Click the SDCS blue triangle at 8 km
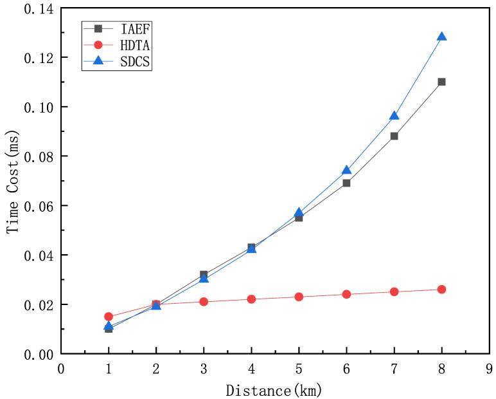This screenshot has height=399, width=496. coord(441,37)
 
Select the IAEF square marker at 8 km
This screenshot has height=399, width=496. coord(441,82)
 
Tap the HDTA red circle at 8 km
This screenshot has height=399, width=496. coord(441,290)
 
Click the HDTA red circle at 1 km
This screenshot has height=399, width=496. coord(109,317)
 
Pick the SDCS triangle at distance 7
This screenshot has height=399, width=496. coord(394,116)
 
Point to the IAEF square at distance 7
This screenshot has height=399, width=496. coord(394,136)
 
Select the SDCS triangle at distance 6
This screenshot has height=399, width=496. coord(346,171)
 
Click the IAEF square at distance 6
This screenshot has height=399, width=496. coord(346,183)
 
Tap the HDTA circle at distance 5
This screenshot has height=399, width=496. coord(299,297)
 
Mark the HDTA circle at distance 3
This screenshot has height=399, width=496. coord(204,301)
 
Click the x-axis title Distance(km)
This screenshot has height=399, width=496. coord(273,389)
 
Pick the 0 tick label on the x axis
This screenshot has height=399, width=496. coord(61,369)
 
